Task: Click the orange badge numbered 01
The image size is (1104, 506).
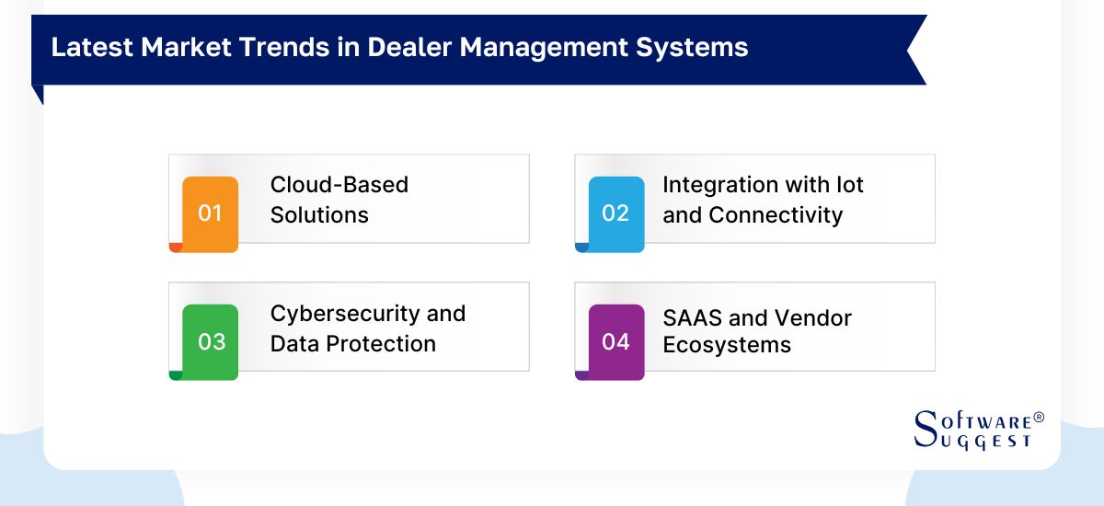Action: pyautogui.click(x=211, y=213)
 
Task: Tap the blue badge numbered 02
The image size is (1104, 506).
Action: pyautogui.click(x=615, y=213)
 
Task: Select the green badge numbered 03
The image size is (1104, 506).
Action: pyautogui.click(x=211, y=342)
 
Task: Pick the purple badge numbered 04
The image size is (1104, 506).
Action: pyautogui.click(x=615, y=342)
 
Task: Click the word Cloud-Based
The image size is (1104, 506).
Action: pyautogui.click(x=339, y=185)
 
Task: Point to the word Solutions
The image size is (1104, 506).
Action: pyautogui.click(x=319, y=215)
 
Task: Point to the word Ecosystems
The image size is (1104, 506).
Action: pyautogui.click(x=727, y=345)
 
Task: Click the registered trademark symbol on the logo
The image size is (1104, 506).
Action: pyautogui.click(x=1039, y=418)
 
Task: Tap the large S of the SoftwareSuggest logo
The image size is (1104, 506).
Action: pyautogui.click(x=925, y=429)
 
